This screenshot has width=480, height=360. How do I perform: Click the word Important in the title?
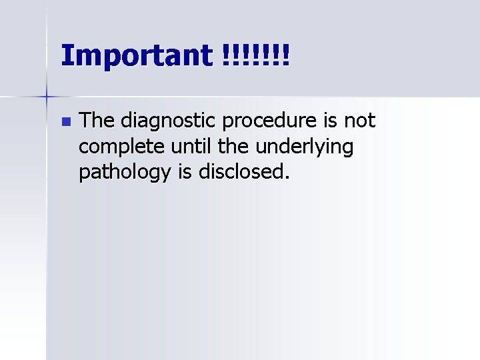tap(135, 55)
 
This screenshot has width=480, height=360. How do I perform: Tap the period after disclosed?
tap(288, 178)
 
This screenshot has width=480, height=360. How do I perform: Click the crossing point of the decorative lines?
tap(47, 97)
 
